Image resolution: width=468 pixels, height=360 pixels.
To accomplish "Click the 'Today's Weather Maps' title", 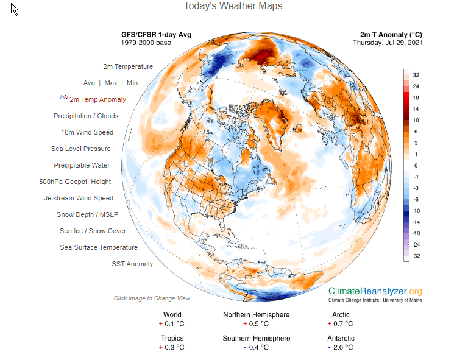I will pos(233,6).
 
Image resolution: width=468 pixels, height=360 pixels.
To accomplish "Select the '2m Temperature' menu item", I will pos(127,66).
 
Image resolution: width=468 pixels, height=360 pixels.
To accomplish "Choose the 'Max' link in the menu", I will pos(111,83).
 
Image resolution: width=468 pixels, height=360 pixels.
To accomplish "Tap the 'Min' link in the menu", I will pos(132,83).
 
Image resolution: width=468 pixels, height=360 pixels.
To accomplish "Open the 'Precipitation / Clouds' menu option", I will pos(86,116).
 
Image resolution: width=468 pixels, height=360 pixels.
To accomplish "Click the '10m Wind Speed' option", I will pos(87,132).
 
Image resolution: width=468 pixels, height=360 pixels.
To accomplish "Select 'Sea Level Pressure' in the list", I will pos(81,149).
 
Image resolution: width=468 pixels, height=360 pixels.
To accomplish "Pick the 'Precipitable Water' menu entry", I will pos(82,165).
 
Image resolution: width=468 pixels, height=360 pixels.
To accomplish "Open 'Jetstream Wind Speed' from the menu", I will pos(79,198).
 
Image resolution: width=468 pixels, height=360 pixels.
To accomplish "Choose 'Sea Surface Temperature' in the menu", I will pos(99,247).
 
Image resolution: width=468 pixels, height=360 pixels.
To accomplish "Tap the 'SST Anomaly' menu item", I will pos(132,264).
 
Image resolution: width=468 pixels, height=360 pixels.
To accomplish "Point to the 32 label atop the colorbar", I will pos(416,75).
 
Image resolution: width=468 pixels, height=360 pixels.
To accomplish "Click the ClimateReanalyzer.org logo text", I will pos(375,292).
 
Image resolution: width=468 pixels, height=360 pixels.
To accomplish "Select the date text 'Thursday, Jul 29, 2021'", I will pos(387,43).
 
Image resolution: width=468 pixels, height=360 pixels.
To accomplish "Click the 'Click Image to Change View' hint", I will pos(152,298).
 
